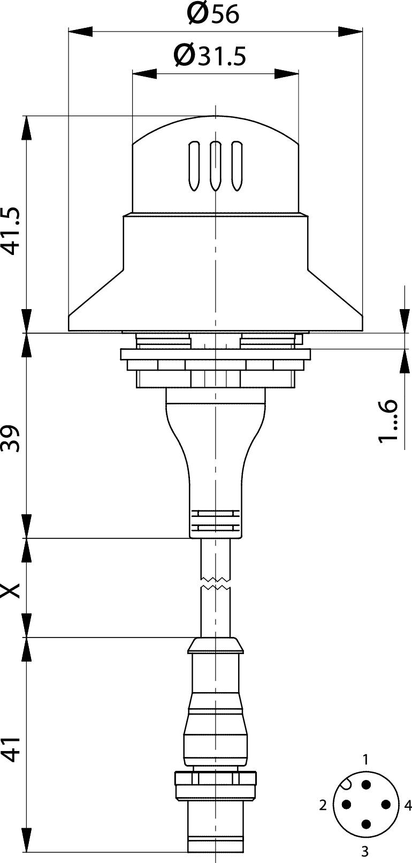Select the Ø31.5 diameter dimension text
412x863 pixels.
point(210,55)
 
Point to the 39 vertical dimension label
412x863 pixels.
point(12,438)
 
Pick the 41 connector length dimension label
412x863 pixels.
point(12,748)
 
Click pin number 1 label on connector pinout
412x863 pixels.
point(366,759)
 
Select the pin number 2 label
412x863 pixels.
point(323,805)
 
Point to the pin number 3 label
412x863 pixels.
point(365,850)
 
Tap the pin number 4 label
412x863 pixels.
point(408,805)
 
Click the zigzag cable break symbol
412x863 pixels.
point(215,583)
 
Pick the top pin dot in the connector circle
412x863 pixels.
point(366,784)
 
